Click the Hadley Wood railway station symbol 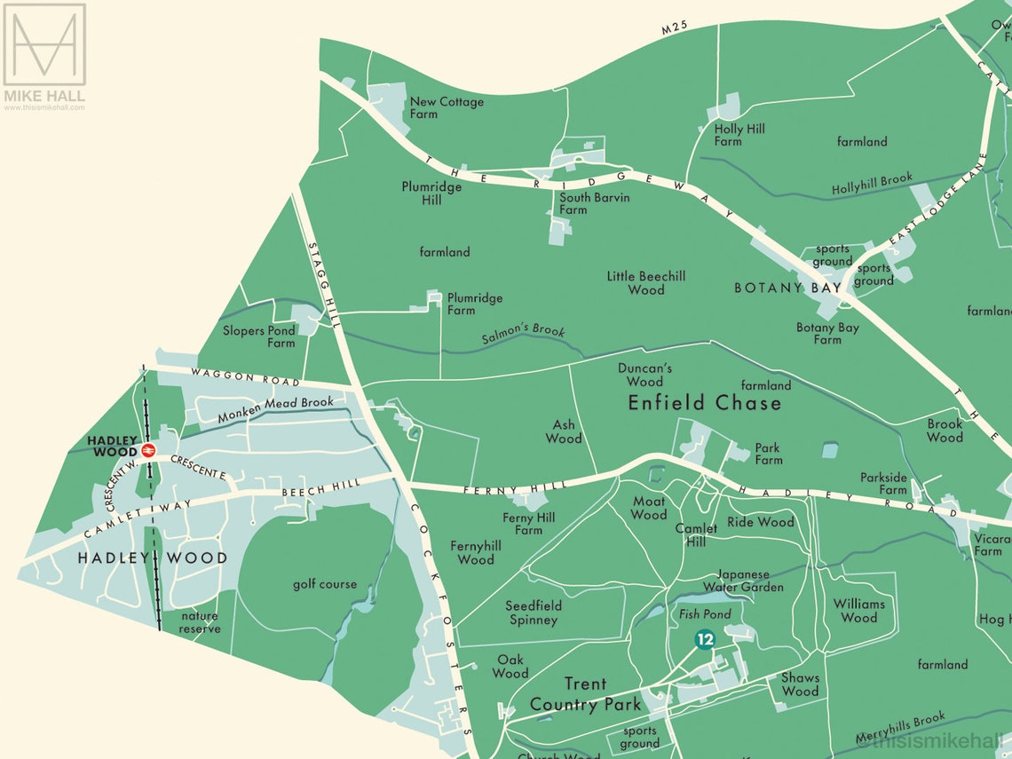pos(148,450)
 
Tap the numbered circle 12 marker pos(705,639)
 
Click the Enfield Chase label pos(705,403)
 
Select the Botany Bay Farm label pos(827,334)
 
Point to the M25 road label pos(676,29)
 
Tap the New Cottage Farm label pos(447,107)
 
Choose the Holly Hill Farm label pos(739,135)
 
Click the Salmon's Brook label pos(524,336)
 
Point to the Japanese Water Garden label pos(743,581)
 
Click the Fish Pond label pos(705,614)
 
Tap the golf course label pos(325,584)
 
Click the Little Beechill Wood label pos(645,282)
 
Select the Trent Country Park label pos(585,694)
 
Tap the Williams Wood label pos(858,611)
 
